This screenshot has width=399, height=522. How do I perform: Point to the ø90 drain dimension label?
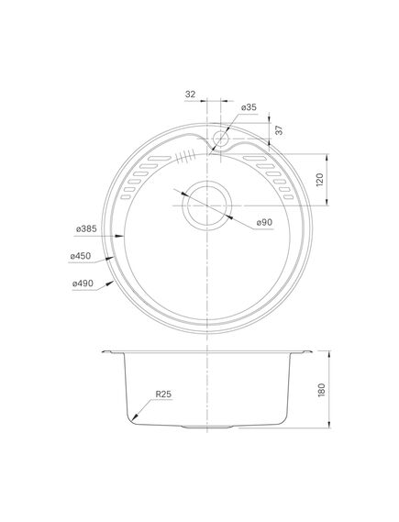(x=264, y=222)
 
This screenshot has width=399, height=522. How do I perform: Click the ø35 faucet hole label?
(x=249, y=107)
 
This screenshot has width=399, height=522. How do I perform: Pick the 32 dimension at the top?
(x=190, y=94)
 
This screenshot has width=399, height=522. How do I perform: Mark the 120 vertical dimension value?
(x=320, y=179)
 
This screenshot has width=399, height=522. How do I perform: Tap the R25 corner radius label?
(x=164, y=396)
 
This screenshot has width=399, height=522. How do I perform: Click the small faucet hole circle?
(x=220, y=141)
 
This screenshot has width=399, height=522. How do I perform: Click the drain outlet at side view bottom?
(x=208, y=428)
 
